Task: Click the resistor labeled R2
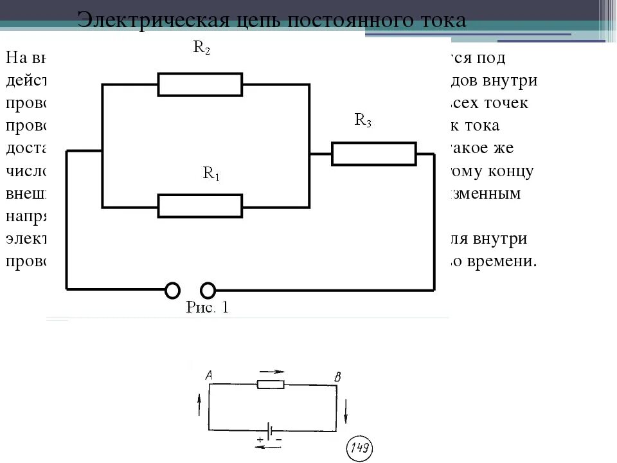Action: click(x=200, y=84)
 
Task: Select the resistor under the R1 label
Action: click(x=200, y=206)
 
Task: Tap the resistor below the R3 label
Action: click(x=373, y=154)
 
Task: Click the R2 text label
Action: click(x=202, y=50)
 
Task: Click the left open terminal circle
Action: click(x=172, y=290)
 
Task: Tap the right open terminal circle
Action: click(x=208, y=290)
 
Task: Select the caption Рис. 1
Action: click(x=207, y=307)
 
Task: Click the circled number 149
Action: click(x=359, y=448)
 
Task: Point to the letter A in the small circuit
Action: click(x=208, y=375)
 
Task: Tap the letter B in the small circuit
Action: click(x=336, y=377)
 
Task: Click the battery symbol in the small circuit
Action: click(x=273, y=431)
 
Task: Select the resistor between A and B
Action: click(x=271, y=385)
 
